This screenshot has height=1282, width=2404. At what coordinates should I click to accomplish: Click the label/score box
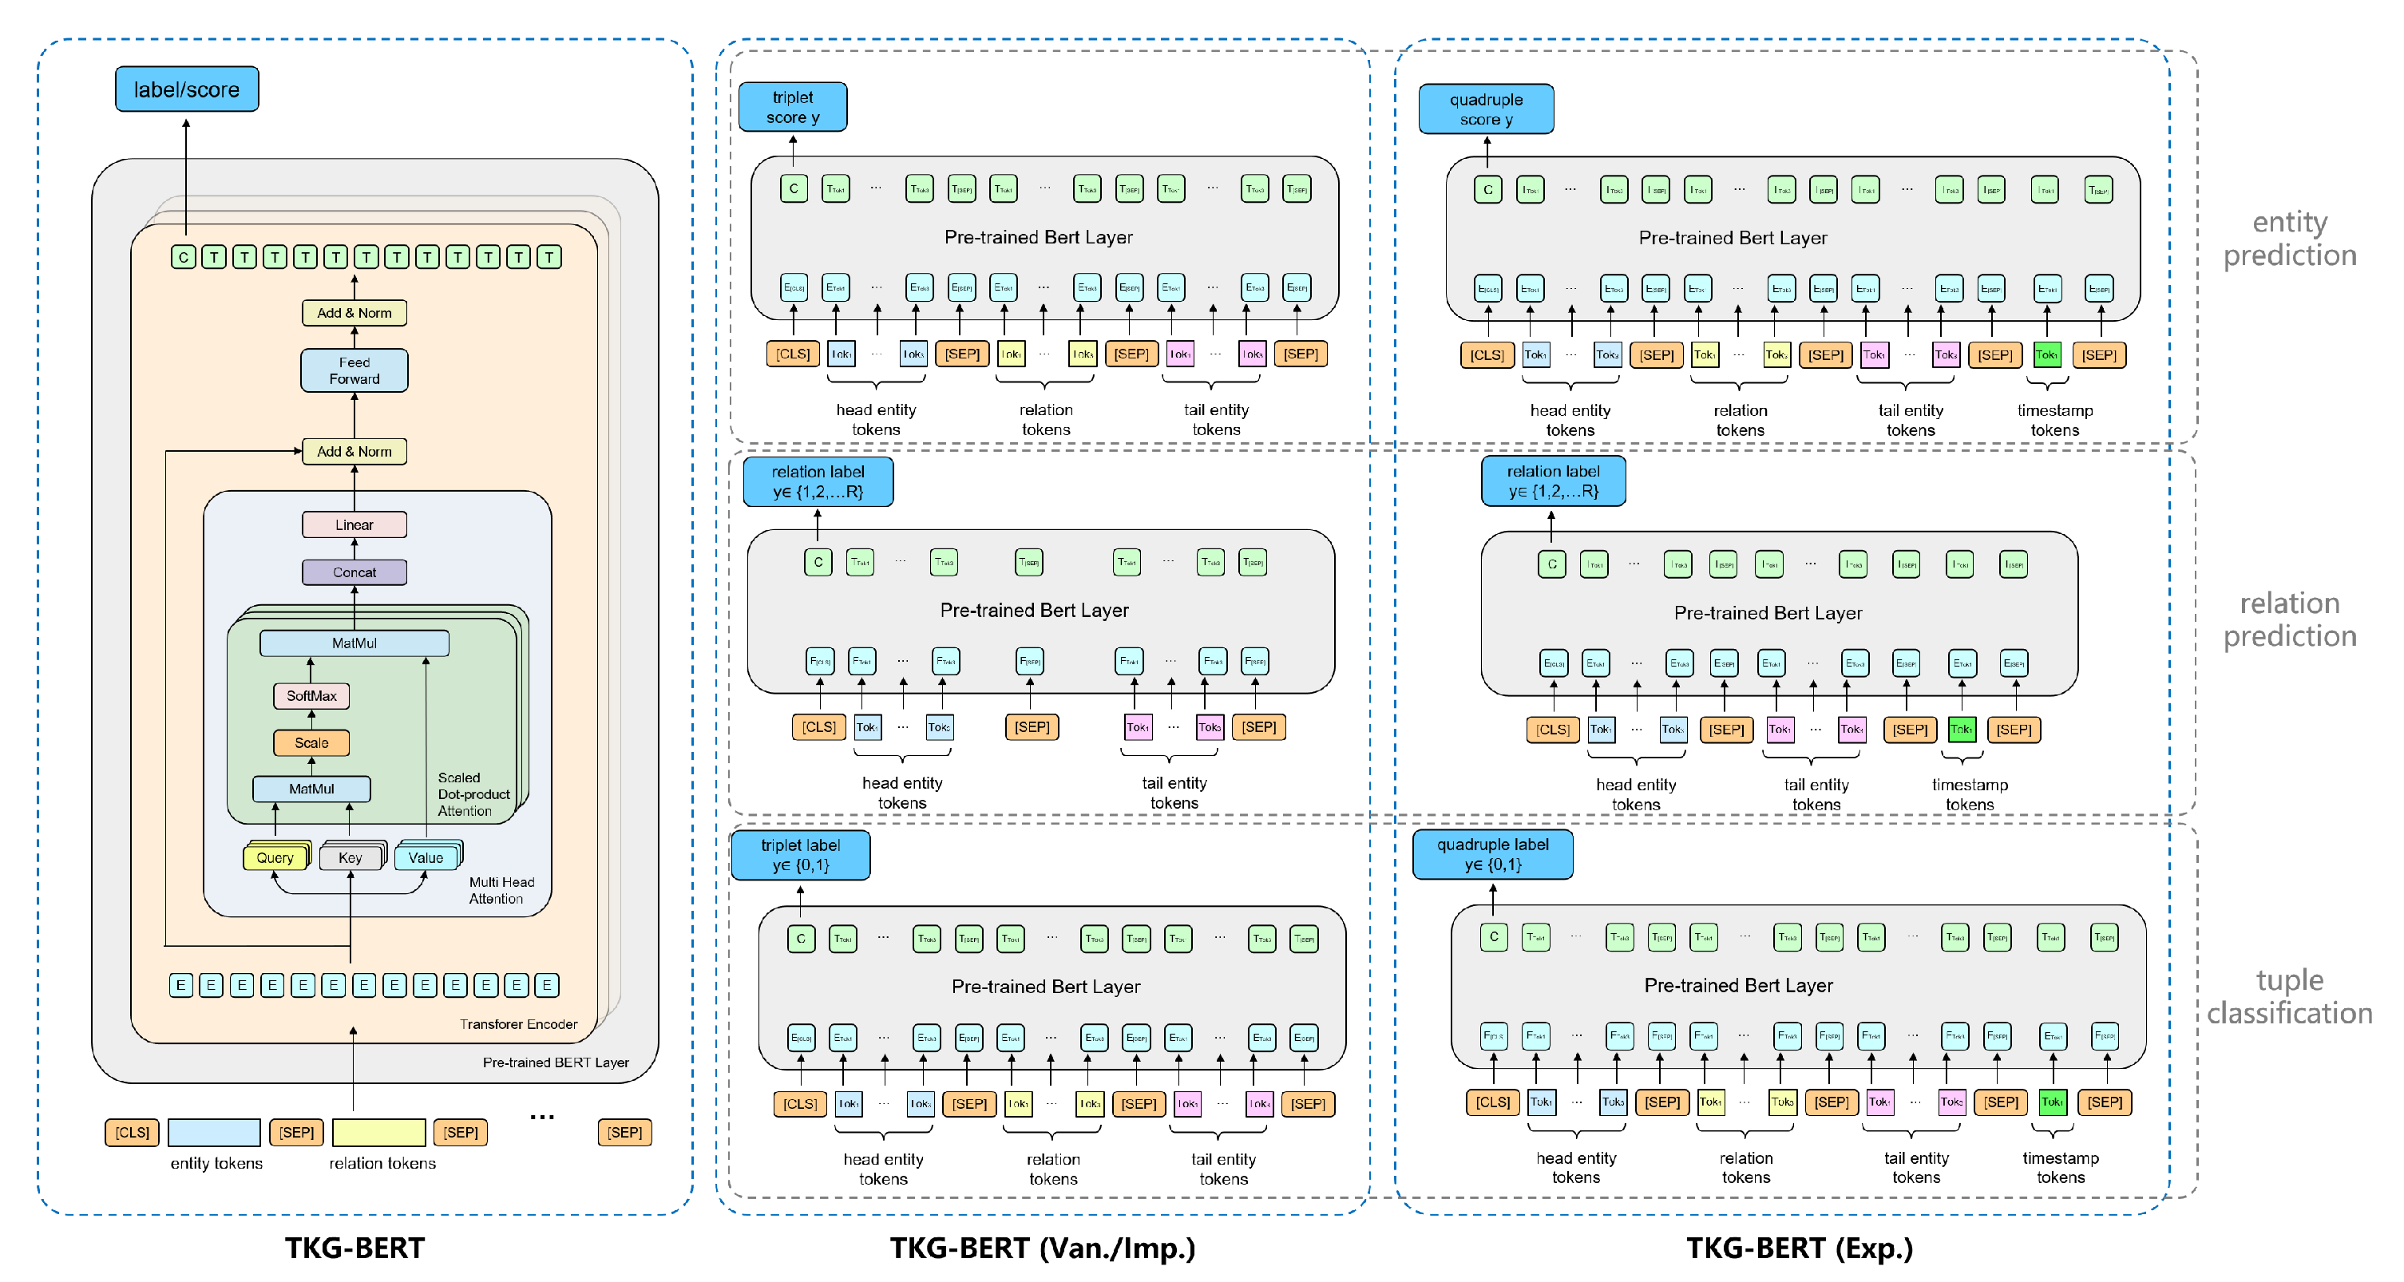click(x=187, y=89)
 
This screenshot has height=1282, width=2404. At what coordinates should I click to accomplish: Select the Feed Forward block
click(x=354, y=370)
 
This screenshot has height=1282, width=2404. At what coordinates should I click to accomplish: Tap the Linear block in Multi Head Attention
click(x=354, y=524)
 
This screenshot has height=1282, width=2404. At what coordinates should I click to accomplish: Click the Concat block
click(x=354, y=572)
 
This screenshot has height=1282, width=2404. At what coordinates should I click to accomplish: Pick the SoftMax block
click(x=311, y=695)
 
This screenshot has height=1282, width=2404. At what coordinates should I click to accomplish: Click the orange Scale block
click(x=311, y=742)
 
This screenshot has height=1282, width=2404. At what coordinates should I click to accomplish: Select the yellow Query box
click(x=275, y=857)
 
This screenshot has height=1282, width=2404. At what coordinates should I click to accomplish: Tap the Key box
click(x=350, y=857)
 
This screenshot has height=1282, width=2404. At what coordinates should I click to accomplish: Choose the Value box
click(x=426, y=857)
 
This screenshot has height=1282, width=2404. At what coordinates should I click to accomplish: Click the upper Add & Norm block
click(x=354, y=313)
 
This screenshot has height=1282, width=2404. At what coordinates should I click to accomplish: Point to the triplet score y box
click(x=792, y=107)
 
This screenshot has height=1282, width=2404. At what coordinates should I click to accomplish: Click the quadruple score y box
click(x=1486, y=109)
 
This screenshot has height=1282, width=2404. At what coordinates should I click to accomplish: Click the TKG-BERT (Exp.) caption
click(x=1800, y=1248)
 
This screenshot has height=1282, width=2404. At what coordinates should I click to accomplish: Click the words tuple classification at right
click(x=2288, y=996)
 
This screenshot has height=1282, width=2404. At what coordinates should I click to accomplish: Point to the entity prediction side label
click(x=2288, y=238)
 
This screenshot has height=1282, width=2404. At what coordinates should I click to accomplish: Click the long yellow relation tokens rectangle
click(x=379, y=1132)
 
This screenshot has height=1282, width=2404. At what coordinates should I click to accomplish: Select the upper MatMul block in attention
click(x=354, y=643)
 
